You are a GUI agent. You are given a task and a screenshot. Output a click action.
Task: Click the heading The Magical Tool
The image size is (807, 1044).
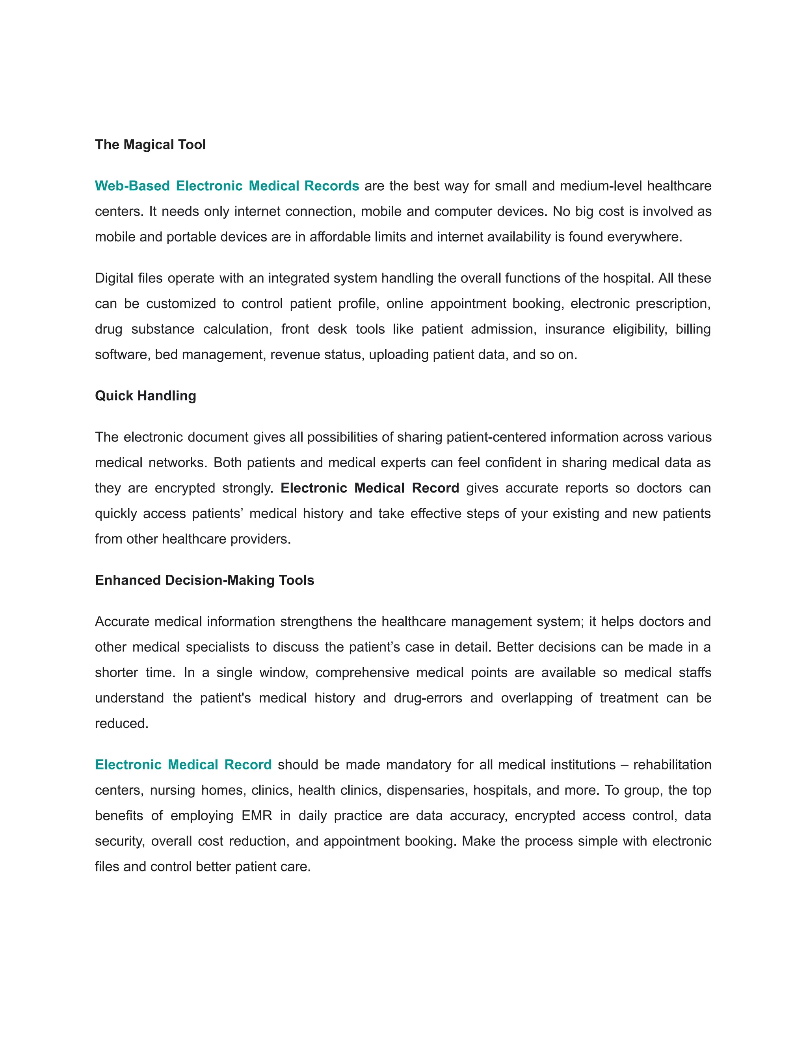coord(150,144)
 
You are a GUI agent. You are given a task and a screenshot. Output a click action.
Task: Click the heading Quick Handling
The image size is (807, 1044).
coord(145,396)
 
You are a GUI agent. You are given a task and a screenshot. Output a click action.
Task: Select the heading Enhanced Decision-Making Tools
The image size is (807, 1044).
coord(204,580)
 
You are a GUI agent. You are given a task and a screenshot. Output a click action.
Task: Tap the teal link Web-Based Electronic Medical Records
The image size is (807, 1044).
coord(227,186)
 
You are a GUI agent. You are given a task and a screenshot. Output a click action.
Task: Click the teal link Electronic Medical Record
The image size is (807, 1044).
coord(183,765)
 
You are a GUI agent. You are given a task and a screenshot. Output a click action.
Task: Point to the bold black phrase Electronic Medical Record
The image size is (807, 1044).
coord(370,488)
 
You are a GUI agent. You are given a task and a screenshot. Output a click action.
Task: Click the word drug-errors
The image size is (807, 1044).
coord(428,698)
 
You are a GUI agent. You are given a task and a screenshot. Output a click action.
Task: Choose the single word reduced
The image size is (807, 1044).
coord(121,724)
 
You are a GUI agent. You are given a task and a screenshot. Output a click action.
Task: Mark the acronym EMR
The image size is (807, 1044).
coord(257,816)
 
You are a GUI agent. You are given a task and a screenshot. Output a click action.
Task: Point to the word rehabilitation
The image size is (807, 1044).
coord(672,765)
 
